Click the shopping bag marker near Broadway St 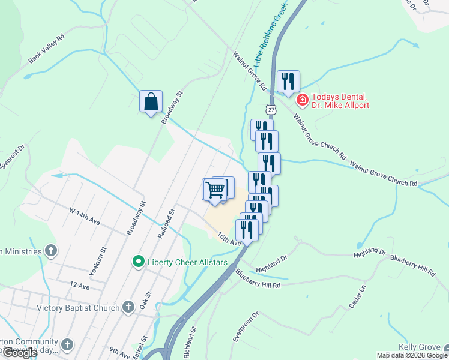coord(151,101)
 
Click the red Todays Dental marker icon coord(302,100)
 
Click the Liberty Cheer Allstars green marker coord(138,262)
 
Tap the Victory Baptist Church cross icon coord(128,308)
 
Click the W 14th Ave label coord(84,215)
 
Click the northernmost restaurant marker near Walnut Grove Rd coord(288,82)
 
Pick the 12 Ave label coord(79,286)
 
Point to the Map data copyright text coord(412,355)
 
